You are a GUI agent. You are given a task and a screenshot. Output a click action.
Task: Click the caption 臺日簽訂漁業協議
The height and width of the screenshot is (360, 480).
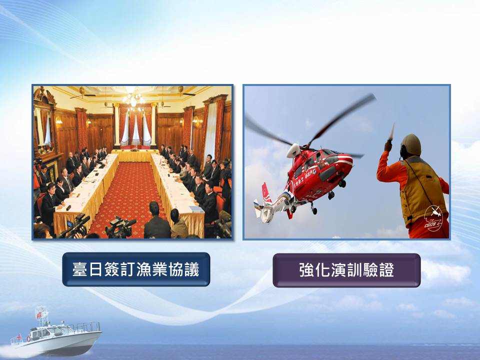136,269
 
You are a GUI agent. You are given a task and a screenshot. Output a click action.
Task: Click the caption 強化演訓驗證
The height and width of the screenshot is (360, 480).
346,270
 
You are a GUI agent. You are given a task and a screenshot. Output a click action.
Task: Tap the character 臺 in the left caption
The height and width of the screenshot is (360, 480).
80,269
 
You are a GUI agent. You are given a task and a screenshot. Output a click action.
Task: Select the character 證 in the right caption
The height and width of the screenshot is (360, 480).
386,270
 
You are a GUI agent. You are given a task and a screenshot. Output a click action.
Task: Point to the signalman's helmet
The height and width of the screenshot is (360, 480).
411,145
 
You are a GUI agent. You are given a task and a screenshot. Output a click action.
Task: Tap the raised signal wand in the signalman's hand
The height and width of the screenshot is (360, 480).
391,131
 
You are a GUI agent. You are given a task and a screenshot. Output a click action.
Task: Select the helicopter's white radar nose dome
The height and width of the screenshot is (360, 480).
293,150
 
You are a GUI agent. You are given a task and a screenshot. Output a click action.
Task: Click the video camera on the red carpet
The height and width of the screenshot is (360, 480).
120,227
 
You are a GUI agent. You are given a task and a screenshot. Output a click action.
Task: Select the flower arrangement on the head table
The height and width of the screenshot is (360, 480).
134,149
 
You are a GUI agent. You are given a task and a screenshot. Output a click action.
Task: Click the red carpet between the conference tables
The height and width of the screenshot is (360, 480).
128,193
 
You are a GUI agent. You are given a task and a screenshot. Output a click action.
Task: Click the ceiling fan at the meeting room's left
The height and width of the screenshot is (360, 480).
82,93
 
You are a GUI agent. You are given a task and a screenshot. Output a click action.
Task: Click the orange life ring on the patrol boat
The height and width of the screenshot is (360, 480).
28,338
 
